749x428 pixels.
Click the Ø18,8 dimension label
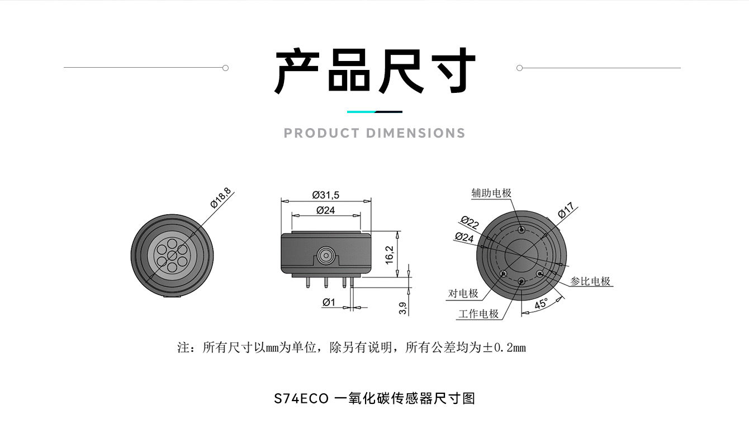[x=221, y=197]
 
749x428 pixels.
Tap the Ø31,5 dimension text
[x=326, y=195]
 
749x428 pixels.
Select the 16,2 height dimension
[x=390, y=255]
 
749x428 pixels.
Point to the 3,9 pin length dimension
[x=403, y=308]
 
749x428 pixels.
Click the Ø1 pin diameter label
[x=329, y=303]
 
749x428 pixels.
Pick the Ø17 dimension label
[x=566, y=210]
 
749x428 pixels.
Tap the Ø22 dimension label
[x=470, y=222]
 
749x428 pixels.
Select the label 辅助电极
[x=491, y=193]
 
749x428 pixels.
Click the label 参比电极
[x=590, y=281]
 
